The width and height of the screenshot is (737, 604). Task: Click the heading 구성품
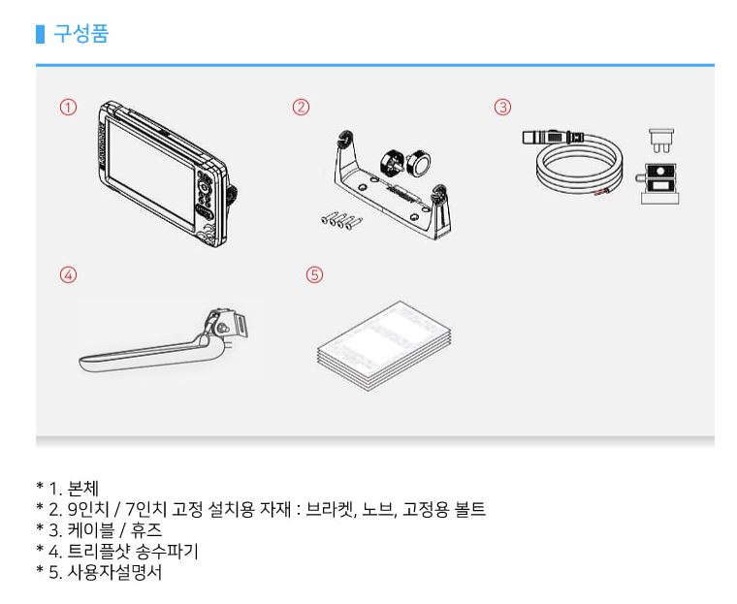tap(80, 36)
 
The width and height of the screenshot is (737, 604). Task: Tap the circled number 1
tap(68, 107)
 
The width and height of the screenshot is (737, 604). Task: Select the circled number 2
tap(302, 107)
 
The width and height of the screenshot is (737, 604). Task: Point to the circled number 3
tap(502, 107)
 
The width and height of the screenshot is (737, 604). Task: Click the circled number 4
tap(68, 274)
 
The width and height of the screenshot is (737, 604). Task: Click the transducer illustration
tap(165, 346)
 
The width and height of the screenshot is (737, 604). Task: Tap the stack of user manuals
tap(384, 345)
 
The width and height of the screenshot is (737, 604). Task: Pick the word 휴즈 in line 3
tap(151, 530)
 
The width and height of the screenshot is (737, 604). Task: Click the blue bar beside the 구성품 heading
tap(40, 36)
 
